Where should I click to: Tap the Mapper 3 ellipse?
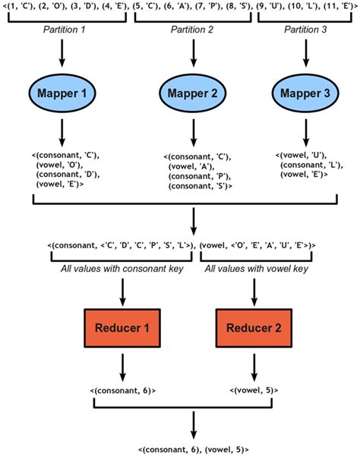[305, 95]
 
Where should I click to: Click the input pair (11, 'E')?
[336, 6]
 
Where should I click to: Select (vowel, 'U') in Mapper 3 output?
[304, 155]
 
